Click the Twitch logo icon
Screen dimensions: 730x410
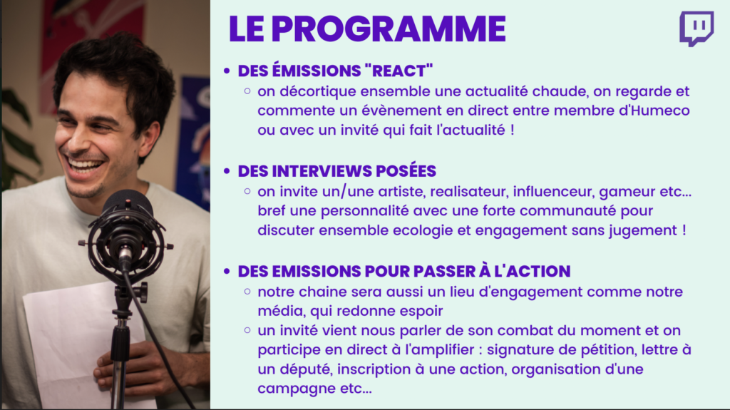point(696,29)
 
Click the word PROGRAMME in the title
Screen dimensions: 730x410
point(389,29)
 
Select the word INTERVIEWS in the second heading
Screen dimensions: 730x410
point(322,171)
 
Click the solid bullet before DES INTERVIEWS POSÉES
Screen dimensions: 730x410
point(227,171)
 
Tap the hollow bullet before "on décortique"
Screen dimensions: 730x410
point(247,91)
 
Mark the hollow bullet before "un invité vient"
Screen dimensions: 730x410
point(247,330)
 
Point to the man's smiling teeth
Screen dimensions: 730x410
point(86,165)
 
